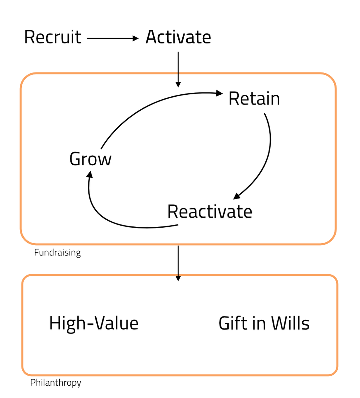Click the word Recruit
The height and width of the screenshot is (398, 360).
53,37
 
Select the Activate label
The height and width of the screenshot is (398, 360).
178,37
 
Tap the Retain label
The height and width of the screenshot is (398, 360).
254,99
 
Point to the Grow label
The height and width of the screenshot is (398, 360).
90,159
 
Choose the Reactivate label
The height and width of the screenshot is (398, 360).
210,211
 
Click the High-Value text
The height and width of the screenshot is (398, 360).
94,323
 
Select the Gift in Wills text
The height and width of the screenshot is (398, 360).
264,323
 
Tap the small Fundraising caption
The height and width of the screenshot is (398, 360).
57,252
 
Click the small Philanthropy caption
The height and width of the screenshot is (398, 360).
55,383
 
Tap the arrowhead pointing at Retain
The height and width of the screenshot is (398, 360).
220,93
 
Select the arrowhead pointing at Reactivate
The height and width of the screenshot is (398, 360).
237,196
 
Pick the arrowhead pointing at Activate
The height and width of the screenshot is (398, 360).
136,39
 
